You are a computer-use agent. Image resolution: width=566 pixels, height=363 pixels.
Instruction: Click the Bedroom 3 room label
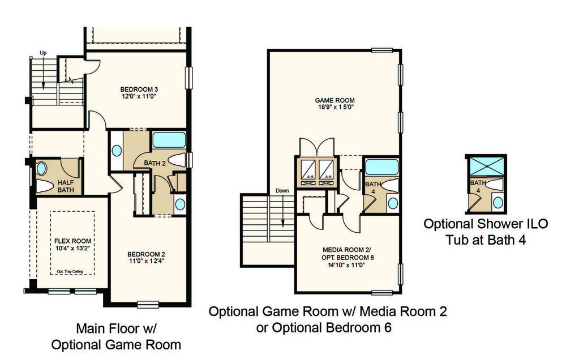point(139,89)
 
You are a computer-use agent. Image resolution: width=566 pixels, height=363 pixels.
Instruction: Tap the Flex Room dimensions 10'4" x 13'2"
point(72,248)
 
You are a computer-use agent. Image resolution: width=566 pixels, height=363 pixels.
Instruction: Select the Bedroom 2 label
point(146,254)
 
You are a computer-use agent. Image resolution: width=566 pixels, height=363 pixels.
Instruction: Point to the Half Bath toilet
point(44,186)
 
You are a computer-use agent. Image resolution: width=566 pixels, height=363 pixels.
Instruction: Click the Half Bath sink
point(42,169)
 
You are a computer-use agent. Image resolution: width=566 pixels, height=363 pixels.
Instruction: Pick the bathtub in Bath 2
point(169,140)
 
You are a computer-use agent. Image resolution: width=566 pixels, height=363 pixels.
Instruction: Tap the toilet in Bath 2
point(177,160)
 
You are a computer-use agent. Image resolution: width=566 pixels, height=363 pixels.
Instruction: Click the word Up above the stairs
point(43,53)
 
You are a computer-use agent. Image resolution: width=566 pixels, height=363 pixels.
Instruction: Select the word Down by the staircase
point(282,190)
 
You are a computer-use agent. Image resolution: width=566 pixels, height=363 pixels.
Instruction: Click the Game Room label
point(335,100)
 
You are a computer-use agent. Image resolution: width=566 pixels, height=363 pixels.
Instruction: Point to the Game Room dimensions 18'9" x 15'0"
point(335,107)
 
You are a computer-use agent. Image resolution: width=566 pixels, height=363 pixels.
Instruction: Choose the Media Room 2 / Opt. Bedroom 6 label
point(348,254)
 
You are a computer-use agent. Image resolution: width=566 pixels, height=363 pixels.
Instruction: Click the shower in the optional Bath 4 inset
point(486,166)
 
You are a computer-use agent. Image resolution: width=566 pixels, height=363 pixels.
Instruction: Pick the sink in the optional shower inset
point(498,202)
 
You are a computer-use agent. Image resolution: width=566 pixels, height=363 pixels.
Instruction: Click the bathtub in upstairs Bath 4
point(381,167)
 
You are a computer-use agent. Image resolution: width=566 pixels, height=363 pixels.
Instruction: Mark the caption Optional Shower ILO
point(486,224)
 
